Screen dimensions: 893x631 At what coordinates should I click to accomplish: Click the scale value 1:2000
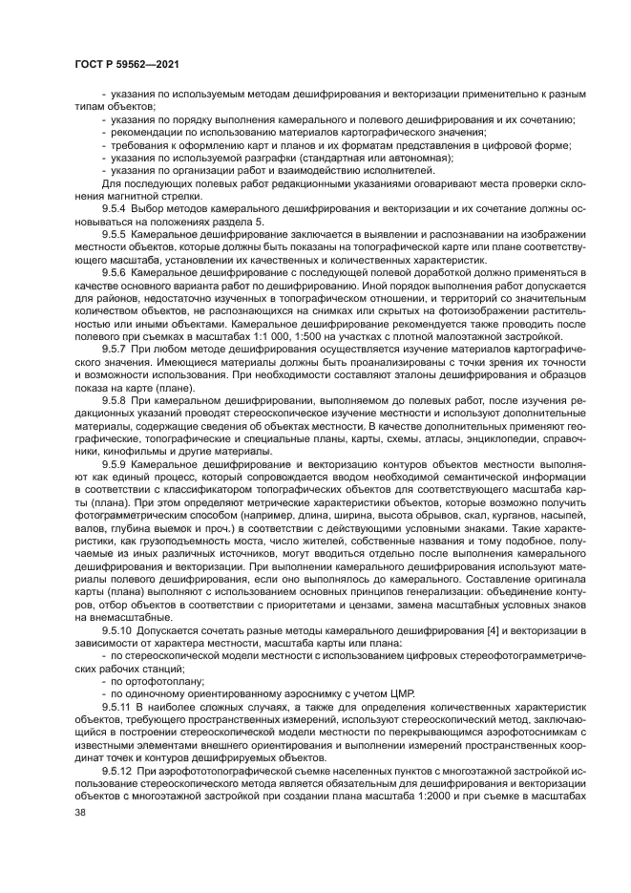tap(485, 796)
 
